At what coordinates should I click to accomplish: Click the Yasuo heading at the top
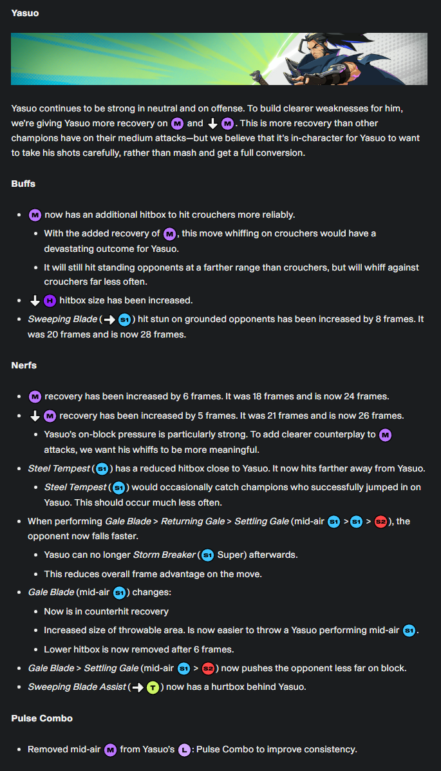25,13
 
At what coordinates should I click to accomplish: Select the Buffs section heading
23,184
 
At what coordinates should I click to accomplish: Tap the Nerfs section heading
24,365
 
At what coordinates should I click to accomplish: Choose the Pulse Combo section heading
41,718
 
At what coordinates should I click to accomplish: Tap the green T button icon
153,687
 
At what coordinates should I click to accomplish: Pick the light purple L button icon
183,750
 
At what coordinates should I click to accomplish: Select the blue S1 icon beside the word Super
207,555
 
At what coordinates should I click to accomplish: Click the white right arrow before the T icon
137,687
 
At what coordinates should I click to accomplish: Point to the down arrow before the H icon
35,300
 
